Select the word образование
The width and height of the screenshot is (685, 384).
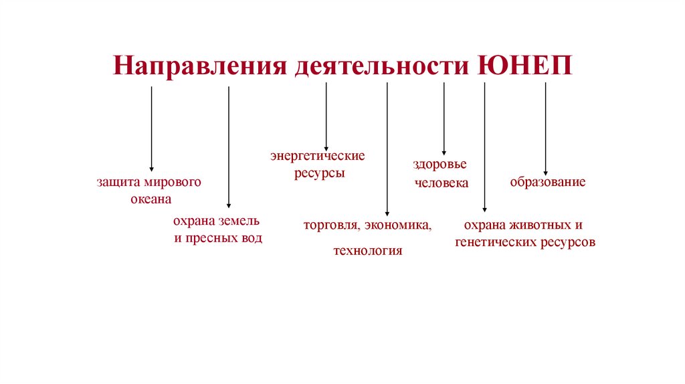(548, 182)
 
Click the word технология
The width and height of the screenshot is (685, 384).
(367, 252)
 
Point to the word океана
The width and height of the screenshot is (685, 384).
(151, 199)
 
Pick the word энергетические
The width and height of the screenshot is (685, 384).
(317, 156)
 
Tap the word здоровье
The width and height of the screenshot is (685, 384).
(439, 165)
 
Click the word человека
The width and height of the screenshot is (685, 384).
(442, 182)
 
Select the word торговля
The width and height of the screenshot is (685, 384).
(329, 225)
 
